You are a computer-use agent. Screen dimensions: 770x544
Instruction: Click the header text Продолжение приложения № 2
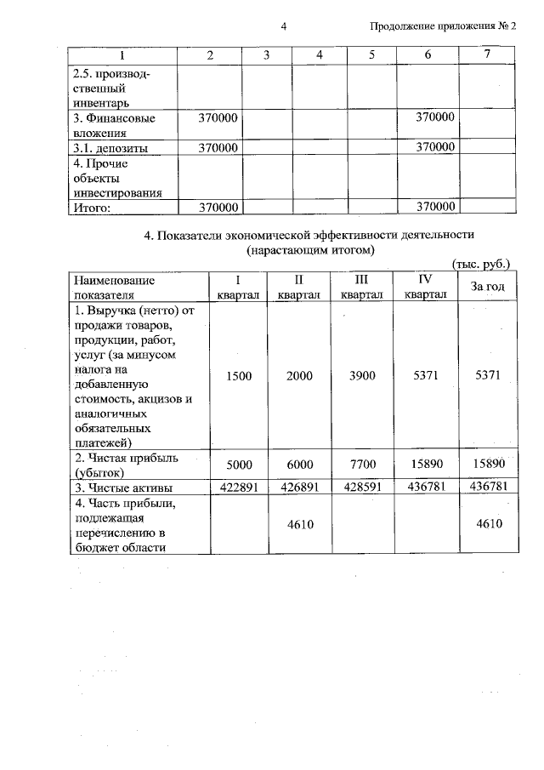[x=443, y=26]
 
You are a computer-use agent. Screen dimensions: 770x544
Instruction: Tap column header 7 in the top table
[x=486, y=54]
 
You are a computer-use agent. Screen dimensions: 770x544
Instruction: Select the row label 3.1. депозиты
[x=110, y=147]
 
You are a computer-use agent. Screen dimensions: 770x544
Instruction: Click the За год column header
[x=488, y=287]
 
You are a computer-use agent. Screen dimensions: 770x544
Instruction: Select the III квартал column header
[x=361, y=287]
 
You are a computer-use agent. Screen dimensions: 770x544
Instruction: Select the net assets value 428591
[x=361, y=488]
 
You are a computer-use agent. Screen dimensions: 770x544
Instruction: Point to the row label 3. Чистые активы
[x=123, y=488]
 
